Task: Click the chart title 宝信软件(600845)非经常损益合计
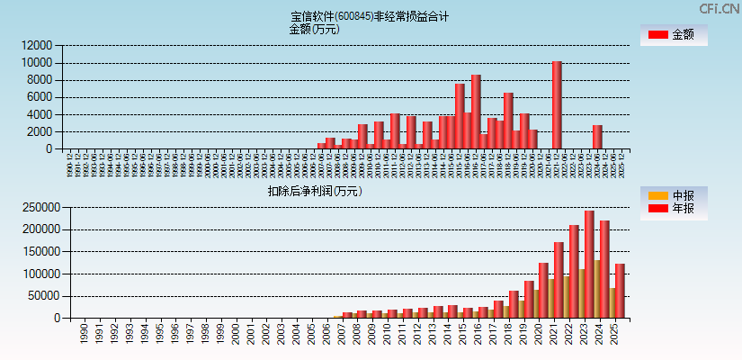(x=370, y=16)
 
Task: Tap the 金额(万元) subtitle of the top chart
(x=314, y=29)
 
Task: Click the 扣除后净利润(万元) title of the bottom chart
(x=314, y=191)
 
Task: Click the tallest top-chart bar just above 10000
(x=557, y=104)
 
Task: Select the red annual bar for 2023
(x=589, y=264)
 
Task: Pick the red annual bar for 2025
(x=620, y=290)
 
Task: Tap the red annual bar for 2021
(x=559, y=279)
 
